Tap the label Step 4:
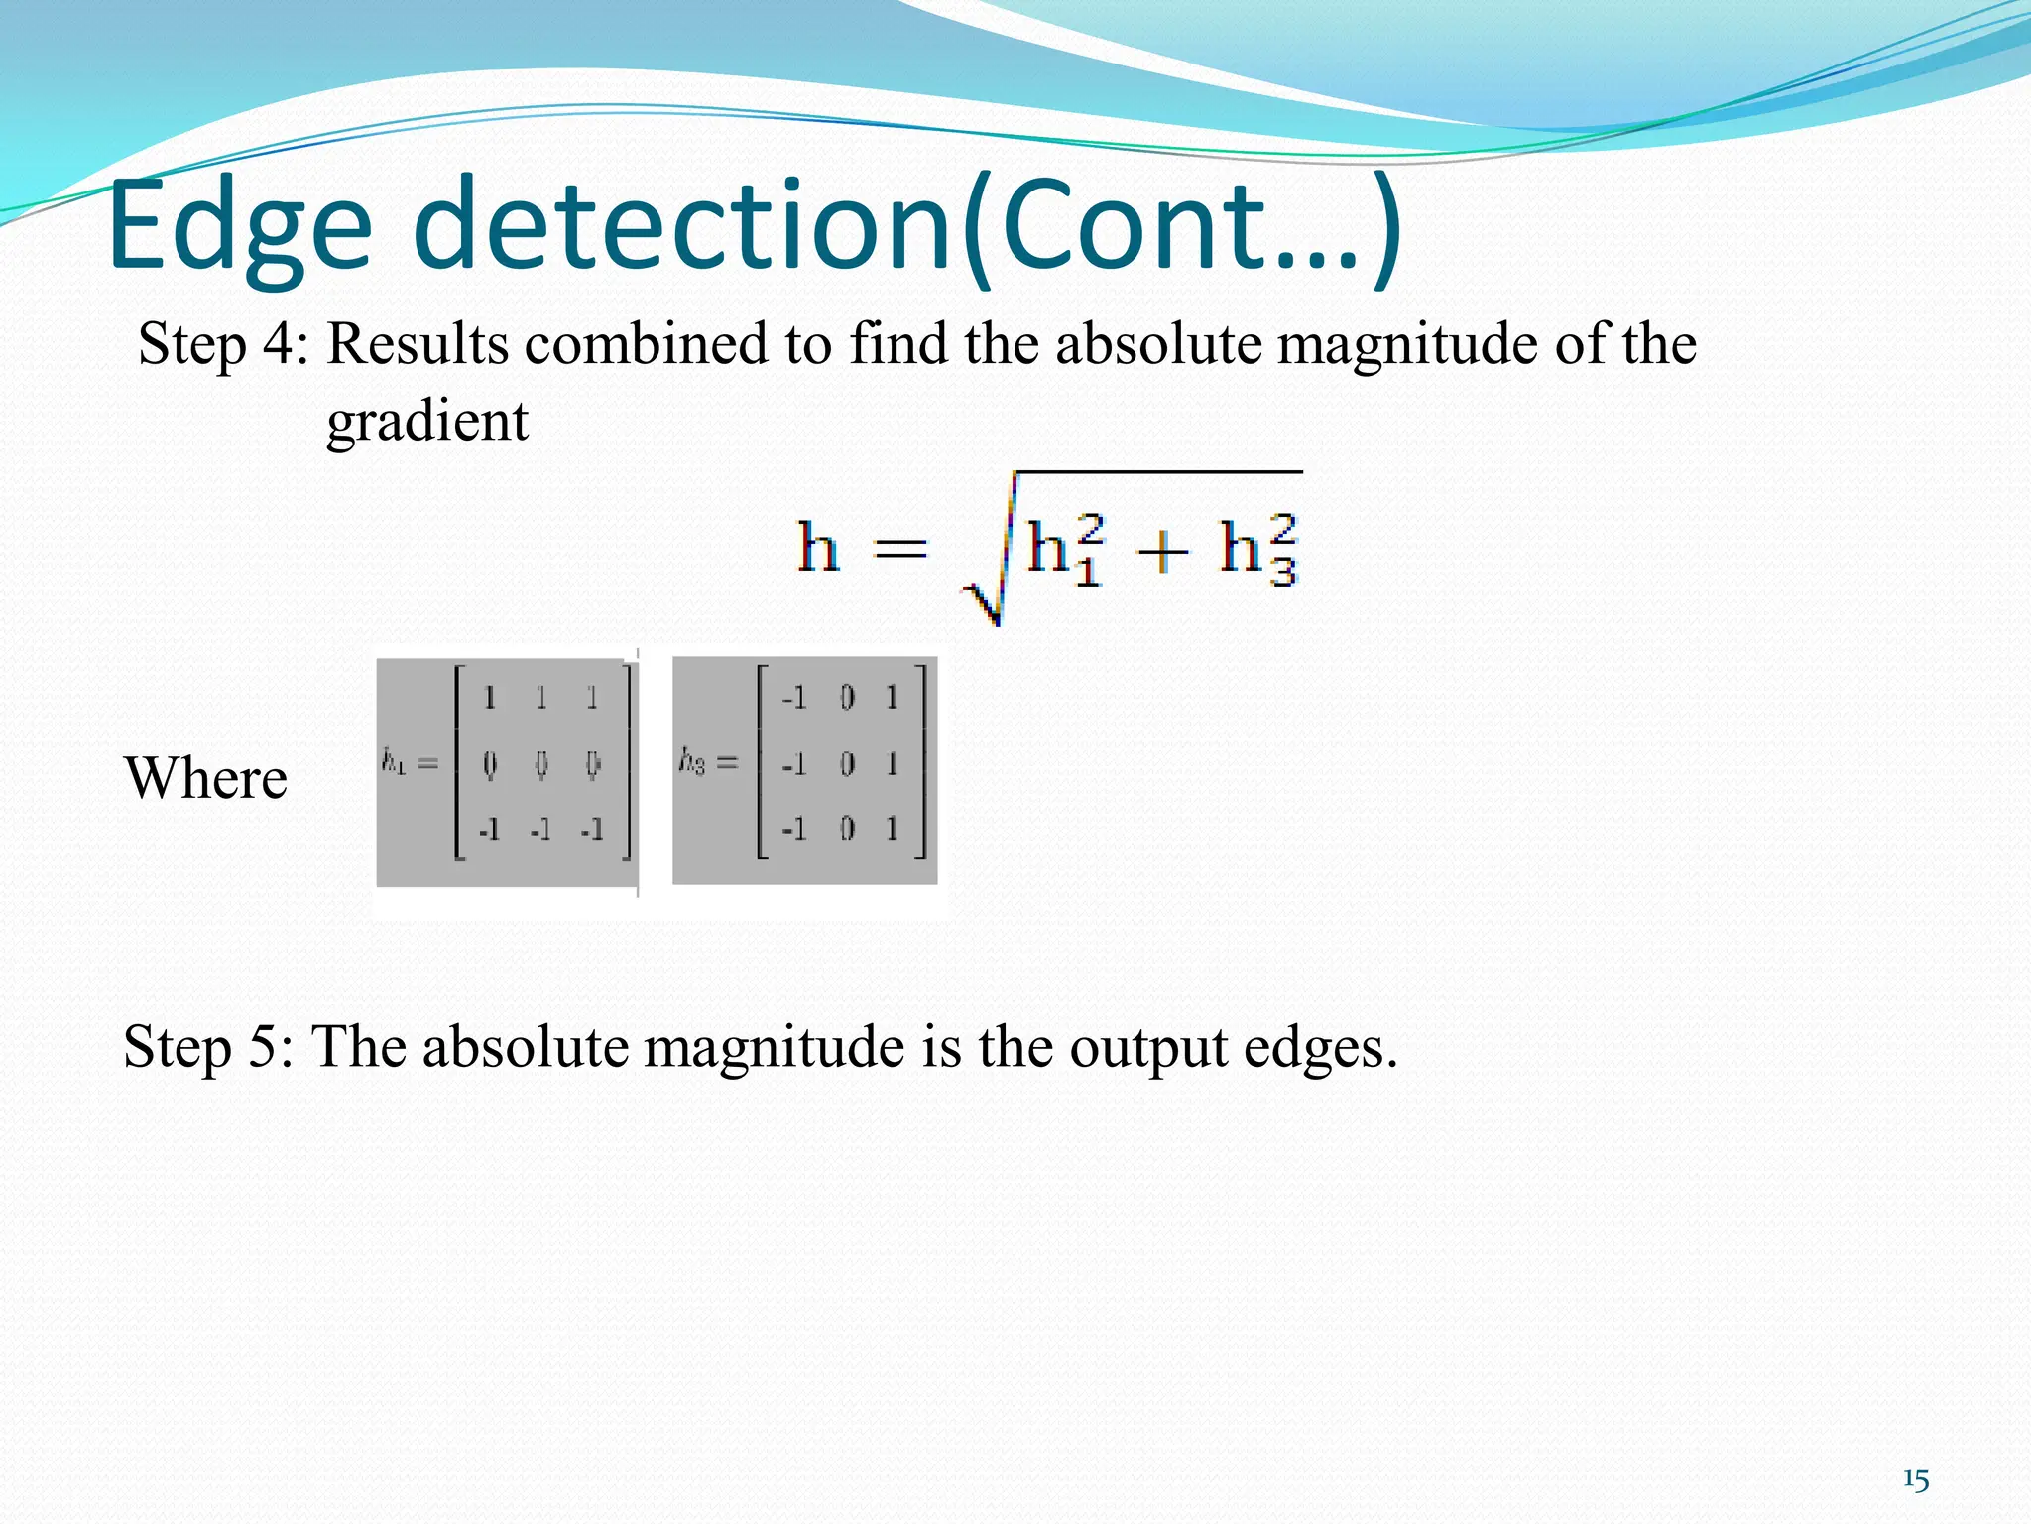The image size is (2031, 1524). (x=224, y=345)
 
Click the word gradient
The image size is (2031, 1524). (x=427, y=422)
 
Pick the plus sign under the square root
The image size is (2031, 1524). (x=1161, y=552)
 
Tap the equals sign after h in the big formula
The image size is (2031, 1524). (x=900, y=549)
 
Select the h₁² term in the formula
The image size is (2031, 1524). (x=1066, y=550)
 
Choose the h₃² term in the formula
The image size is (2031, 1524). (x=1257, y=550)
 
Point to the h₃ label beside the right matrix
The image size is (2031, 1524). (x=692, y=761)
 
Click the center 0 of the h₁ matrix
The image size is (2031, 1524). (x=540, y=764)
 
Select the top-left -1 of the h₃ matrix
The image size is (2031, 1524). (x=793, y=698)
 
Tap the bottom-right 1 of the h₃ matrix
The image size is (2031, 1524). (x=892, y=827)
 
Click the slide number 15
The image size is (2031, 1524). (x=1916, y=1480)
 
